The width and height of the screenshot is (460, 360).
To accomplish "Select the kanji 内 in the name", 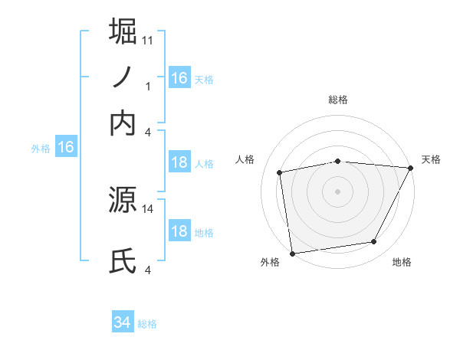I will click(123, 123).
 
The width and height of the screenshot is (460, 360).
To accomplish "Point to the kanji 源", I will click(123, 199).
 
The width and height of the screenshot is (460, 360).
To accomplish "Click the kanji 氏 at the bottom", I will click(123, 260).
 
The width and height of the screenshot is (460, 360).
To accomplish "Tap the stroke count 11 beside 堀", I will click(148, 39).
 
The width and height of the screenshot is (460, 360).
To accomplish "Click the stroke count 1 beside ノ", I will click(148, 87).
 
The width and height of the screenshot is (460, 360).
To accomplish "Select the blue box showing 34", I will click(122, 323).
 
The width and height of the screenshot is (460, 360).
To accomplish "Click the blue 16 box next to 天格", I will click(179, 78).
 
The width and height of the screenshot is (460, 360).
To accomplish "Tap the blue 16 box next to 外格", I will click(66, 148).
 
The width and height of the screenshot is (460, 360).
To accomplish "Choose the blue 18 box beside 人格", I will click(179, 162).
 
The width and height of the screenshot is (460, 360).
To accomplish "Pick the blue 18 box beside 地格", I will click(179, 231).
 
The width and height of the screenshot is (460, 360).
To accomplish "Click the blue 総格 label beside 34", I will click(148, 324).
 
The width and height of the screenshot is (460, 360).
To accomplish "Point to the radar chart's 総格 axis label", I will click(338, 100).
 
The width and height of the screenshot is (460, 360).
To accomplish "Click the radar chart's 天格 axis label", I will click(431, 159).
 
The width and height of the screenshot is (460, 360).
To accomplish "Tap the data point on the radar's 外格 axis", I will click(292, 253).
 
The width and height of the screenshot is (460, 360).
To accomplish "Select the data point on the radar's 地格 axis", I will click(374, 242).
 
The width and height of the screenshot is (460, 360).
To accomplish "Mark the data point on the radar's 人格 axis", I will click(281, 172).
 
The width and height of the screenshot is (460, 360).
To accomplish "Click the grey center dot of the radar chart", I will click(338, 191).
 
